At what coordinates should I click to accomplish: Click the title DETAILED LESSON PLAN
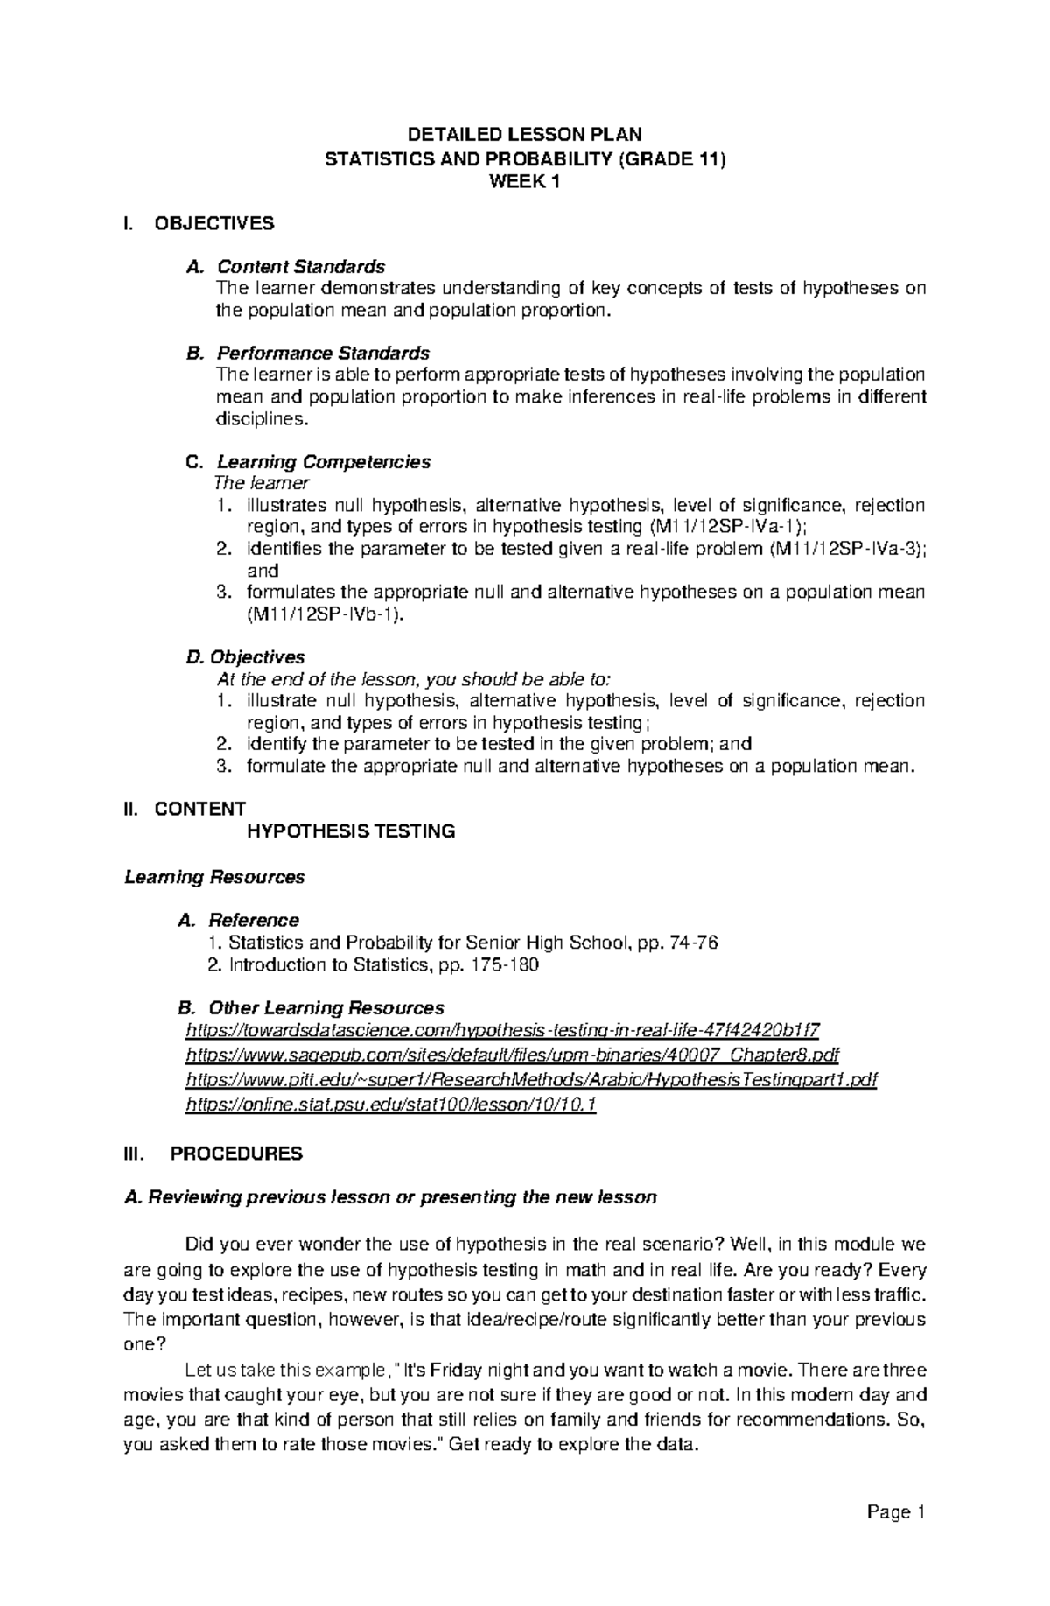coord(525,134)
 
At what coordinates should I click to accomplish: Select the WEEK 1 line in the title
coord(524,182)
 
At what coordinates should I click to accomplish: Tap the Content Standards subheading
coord(300,265)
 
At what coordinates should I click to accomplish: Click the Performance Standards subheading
coord(322,353)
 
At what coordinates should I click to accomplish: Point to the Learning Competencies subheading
coord(323,461)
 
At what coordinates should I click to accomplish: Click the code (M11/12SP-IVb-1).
coord(326,614)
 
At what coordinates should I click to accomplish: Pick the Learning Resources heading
coord(214,877)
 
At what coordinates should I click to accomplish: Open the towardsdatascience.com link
coord(503,1030)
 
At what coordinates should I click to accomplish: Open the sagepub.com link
coord(513,1055)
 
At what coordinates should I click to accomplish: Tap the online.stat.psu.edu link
coord(391,1105)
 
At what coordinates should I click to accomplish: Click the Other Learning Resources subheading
coord(325,1008)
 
